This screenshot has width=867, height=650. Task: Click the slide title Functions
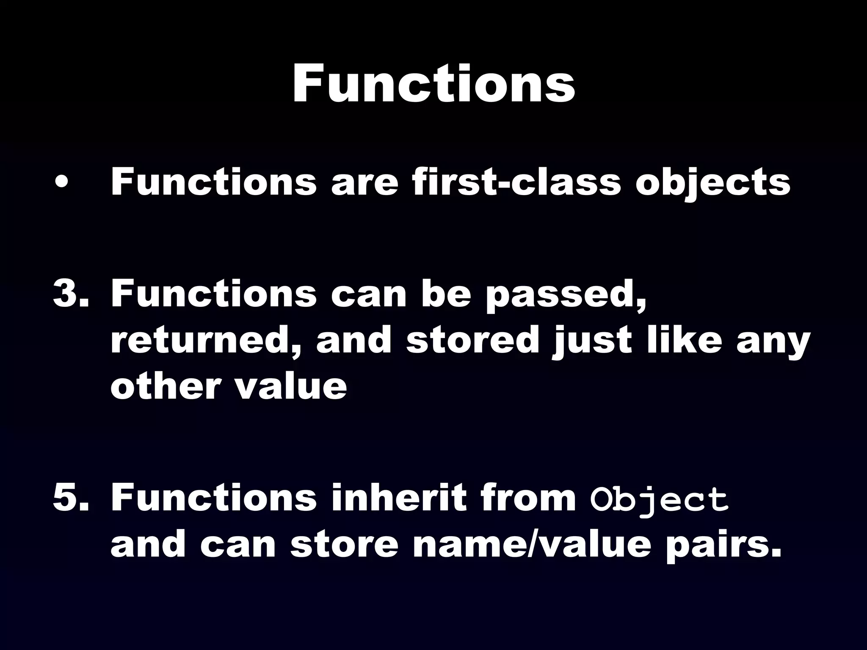click(433, 85)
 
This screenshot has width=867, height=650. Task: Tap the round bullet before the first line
click(62, 182)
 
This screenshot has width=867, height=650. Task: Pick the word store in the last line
click(345, 545)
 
